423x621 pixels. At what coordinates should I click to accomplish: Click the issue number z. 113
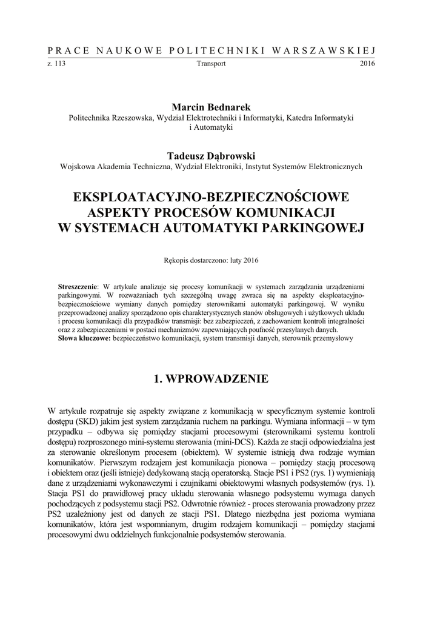(56, 63)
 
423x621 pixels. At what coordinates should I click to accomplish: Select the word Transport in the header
(211, 63)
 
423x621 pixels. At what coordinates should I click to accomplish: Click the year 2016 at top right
(367, 63)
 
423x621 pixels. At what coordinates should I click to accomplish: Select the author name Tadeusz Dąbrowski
(211, 156)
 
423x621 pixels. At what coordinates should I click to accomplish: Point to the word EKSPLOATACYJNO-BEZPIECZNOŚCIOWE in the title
(211, 198)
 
